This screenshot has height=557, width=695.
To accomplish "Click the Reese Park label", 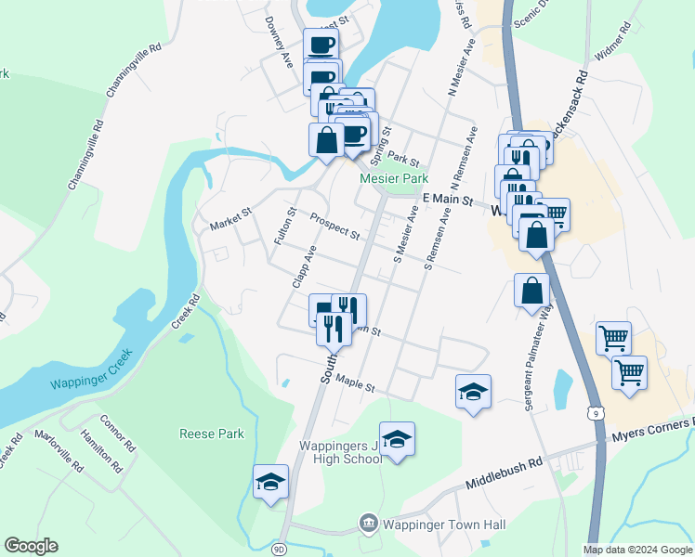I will [x=213, y=434].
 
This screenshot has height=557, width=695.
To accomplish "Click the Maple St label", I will [x=355, y=382].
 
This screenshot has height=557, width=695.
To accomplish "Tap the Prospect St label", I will [x=334, y=227].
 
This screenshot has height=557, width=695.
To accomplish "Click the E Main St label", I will [x=448, y=200].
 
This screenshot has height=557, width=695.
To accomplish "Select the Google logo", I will [x=31, y=546].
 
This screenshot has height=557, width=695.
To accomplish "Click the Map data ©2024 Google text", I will [x=636, y=550].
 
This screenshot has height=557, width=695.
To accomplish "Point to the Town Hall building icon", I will [x=368, y=525].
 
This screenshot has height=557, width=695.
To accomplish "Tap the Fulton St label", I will [x=284, y=227].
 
